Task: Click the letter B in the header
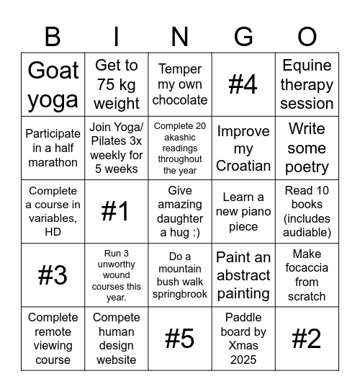click(x=53, y=36)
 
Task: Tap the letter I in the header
click(x=116, y=36)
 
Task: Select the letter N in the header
click(x=180, y=36)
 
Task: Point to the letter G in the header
click(x=243, y=36)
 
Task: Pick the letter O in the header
click(x=307, y=36)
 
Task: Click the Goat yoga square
click(x=53, y=84)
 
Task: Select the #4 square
click(x=243, y=84)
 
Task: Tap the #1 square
click(x=116, y=211)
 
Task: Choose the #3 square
click(x=53, y=275)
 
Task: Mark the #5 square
click(x=180, y=338)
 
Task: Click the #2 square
click(x=307, y=338)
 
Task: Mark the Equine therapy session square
click(x=307, y=84)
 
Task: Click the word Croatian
click(x=243, y=165)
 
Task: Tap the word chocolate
click(x=180, y=100)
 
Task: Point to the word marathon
click(x=53, y=162)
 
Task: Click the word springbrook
click(x=180, y=294)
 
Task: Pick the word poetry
click(x=307, y=167)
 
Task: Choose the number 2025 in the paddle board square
click(x=243, y=359)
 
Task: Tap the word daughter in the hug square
click(x=180, y=218)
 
